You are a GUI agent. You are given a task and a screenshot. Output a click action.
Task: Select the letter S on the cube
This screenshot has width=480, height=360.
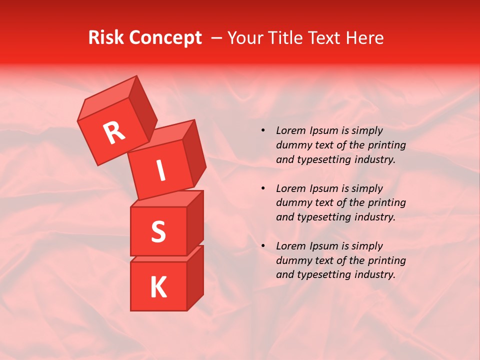158,231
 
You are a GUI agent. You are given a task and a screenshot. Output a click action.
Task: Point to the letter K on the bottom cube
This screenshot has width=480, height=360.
158,287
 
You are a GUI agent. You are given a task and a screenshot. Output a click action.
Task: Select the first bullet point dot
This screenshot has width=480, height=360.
263,130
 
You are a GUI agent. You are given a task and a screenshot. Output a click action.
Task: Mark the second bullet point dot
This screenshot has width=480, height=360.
263,188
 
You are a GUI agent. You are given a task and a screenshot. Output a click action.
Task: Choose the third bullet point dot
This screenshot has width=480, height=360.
263,246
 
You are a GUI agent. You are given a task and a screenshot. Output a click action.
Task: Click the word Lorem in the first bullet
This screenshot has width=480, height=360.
290,130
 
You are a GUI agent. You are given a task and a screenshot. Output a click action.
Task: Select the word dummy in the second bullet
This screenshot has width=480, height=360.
292,203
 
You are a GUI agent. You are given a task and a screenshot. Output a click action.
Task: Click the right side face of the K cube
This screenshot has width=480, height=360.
195,277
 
